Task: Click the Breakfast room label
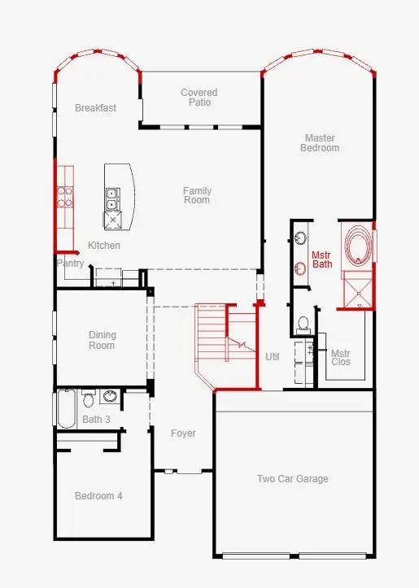[95, 108]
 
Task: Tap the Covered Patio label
[199, 98]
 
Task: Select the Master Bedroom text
[319, 143]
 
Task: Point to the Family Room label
[197, 195]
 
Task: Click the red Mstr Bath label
[322, 259]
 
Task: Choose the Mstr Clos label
[340, 357]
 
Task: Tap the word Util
[273, 357]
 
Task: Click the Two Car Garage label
[293, 479]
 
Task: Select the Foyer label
[183, 433]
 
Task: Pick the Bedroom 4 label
[98, 496]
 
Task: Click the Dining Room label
[102, 340]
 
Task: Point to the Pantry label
[70, 264]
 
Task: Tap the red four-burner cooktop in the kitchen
[65, 198]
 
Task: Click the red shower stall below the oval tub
[356, 290]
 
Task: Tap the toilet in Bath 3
[89, 398]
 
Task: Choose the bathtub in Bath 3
[66, 408]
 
